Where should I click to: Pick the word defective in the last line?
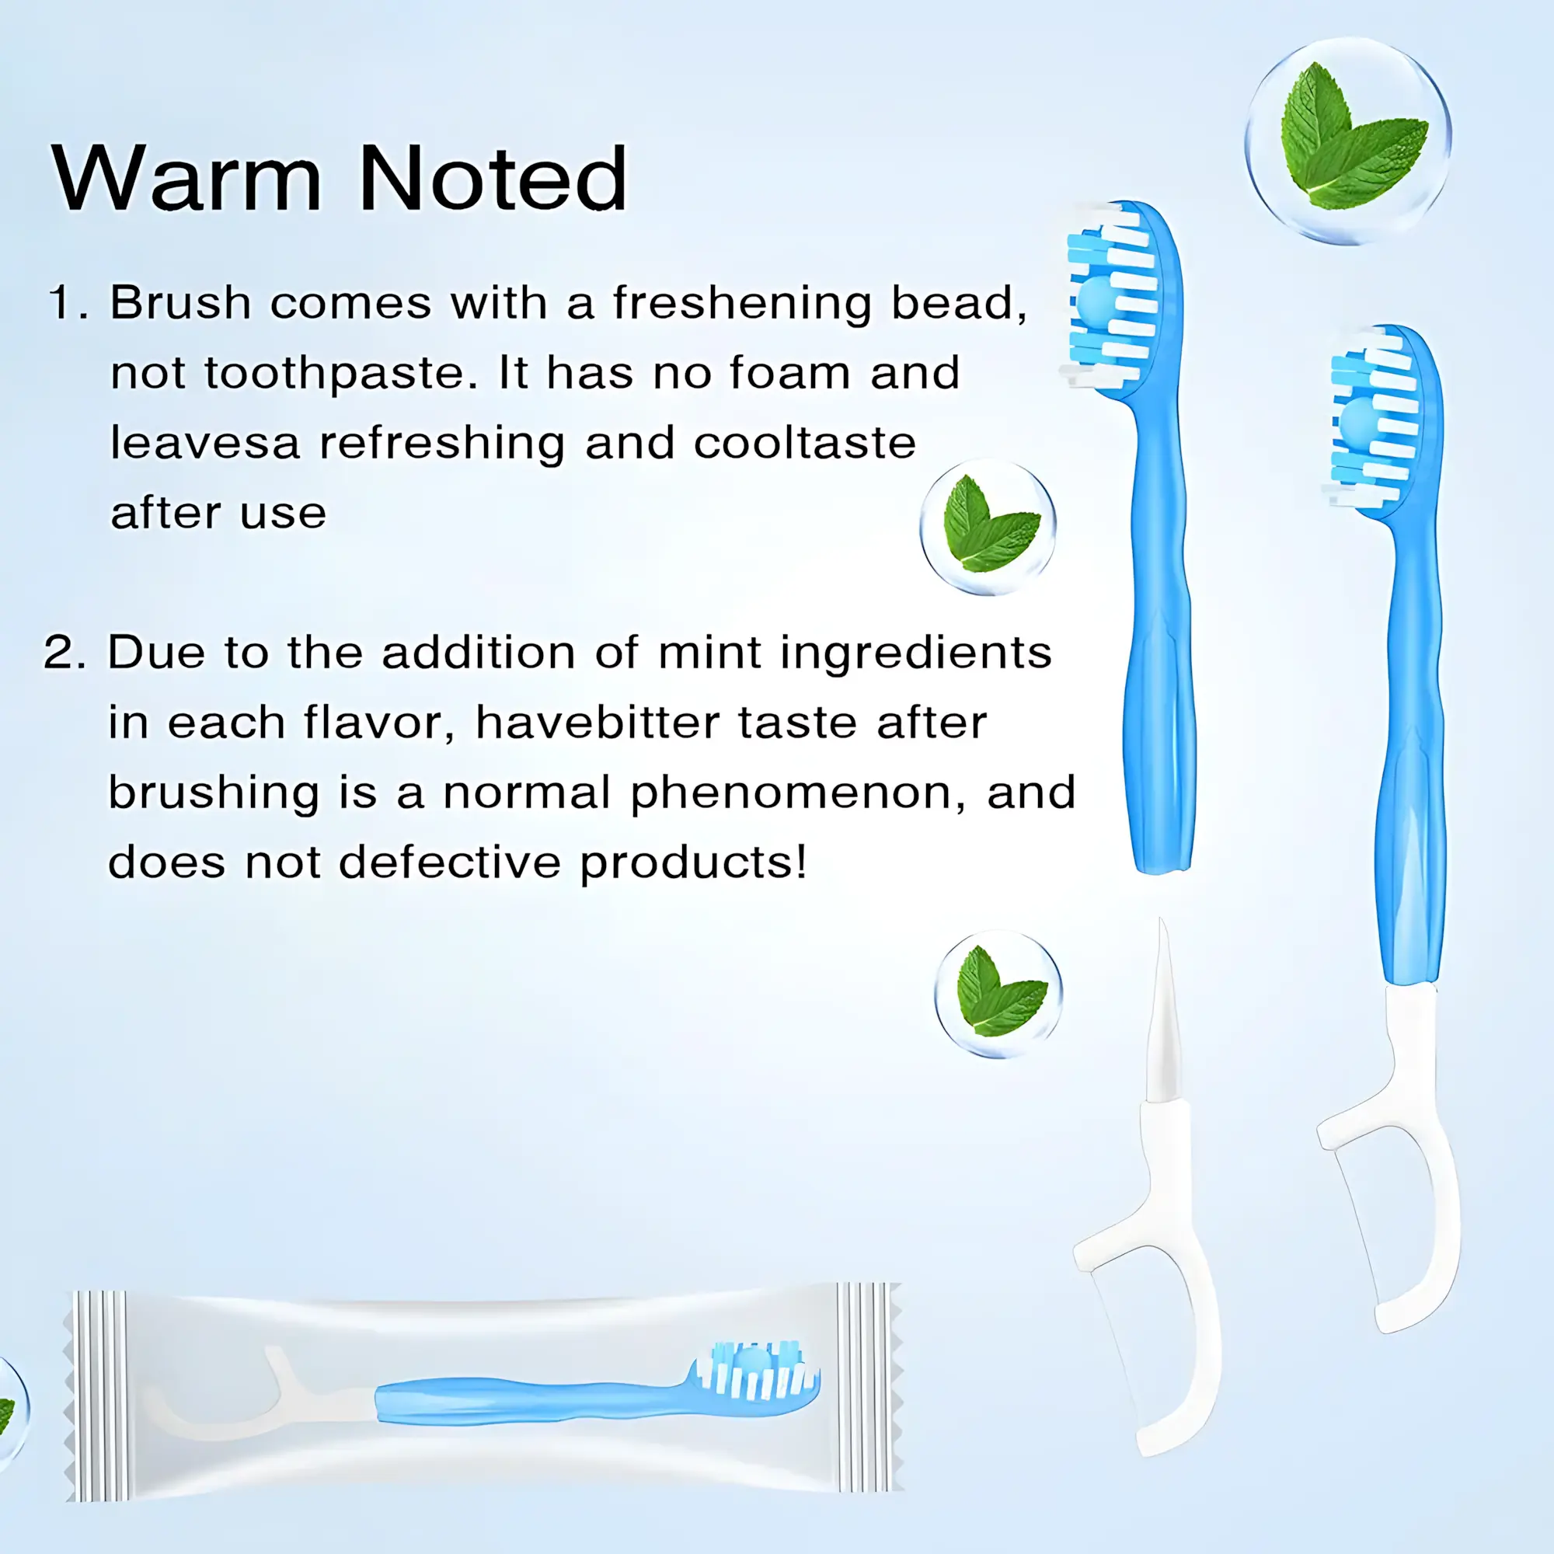coord(450,862)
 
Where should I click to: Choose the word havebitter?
coord(597,723)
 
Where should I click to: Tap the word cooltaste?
coord(804,443)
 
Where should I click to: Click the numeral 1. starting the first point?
coord(68,303)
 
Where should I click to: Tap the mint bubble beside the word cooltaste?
coord(988,527)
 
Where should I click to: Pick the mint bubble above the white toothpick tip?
coord(998,995)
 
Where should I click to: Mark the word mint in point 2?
coord(709,653)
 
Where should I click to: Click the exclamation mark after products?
coord(800,861)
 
